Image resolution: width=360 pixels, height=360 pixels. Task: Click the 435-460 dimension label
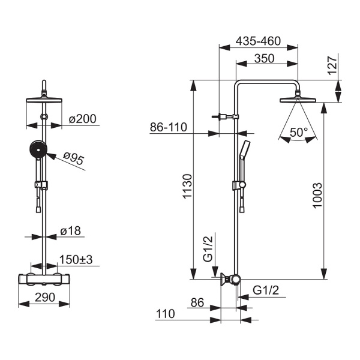[x=258, y=41]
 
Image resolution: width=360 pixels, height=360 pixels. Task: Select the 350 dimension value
[x=264, y=58]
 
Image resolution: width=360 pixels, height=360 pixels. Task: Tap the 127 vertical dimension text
[x=332, y=65]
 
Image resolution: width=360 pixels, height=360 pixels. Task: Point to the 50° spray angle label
[x=298, y=132]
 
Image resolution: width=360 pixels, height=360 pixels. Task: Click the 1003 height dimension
[x=317, y=196]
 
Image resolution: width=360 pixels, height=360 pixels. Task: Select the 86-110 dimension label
[x=169, y=127]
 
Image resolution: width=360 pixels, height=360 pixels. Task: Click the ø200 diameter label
[x=82, y=119]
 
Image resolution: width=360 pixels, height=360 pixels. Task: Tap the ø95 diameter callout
[x=73, y=158]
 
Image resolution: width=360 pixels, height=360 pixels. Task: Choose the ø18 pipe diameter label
[x=70, y=231]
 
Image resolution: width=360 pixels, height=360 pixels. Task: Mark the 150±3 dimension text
[x=76, y=259]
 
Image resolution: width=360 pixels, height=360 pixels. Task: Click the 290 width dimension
[x=45, y=298]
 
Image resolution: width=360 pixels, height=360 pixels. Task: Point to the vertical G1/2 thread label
[x=208, y=249]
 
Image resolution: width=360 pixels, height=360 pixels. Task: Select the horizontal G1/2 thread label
[x=266, y=290]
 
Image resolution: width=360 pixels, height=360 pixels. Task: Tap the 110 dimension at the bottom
[x=166, y=314]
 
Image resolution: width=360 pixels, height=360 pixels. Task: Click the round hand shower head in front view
[x=38, y=149]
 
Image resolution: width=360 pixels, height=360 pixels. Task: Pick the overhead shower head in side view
[x=298, y=100]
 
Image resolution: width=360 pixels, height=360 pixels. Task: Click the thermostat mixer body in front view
[x=44, y=279]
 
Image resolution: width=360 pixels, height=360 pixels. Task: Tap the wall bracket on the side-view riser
[x=226, y=116]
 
